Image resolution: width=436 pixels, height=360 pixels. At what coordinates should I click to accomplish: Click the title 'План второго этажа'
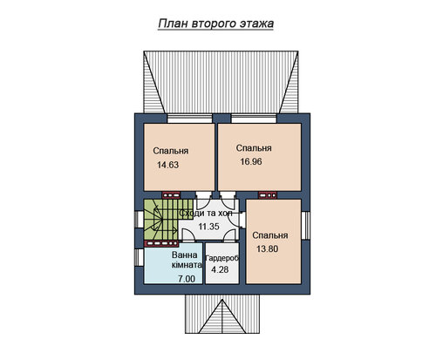coord(215,24)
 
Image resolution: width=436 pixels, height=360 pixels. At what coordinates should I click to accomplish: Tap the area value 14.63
coord(167,165)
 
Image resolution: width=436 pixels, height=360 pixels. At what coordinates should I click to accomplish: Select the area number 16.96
coord(251,161)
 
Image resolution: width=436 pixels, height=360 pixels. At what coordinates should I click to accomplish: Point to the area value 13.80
coord(267,248)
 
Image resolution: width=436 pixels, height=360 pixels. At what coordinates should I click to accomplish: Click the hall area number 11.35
coord(208,227)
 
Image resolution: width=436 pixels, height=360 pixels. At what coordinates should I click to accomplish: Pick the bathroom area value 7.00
coord(187,279)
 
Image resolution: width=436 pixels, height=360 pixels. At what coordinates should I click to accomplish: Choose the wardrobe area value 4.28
coord(220,269)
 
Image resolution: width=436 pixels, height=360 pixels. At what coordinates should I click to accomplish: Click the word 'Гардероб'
coord(221,258)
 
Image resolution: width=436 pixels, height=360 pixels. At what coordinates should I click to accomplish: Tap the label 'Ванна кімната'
coord(187,260)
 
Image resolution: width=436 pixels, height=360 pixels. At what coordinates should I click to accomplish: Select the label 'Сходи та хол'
coord(206,213)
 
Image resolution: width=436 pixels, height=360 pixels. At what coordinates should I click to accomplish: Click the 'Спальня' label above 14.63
coord(171,151)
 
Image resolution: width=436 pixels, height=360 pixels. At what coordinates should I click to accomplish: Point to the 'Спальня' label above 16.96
coord(254,148)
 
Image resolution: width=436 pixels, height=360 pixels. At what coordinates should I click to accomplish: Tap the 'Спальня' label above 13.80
coord(270,235)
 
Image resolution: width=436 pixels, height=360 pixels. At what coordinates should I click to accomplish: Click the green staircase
coord(160,220)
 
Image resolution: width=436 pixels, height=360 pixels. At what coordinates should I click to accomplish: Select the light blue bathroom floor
coord(174,263)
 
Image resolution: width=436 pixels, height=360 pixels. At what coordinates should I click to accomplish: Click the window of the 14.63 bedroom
coord(190,119)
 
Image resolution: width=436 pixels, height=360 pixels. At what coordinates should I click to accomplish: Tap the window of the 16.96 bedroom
coord(254,119)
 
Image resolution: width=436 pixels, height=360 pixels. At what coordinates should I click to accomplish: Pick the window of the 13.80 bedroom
coord(305,226)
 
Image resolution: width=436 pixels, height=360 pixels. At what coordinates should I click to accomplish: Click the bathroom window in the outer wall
coord(139,257)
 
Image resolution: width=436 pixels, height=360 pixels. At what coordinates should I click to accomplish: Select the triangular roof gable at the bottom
coord(222,316)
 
